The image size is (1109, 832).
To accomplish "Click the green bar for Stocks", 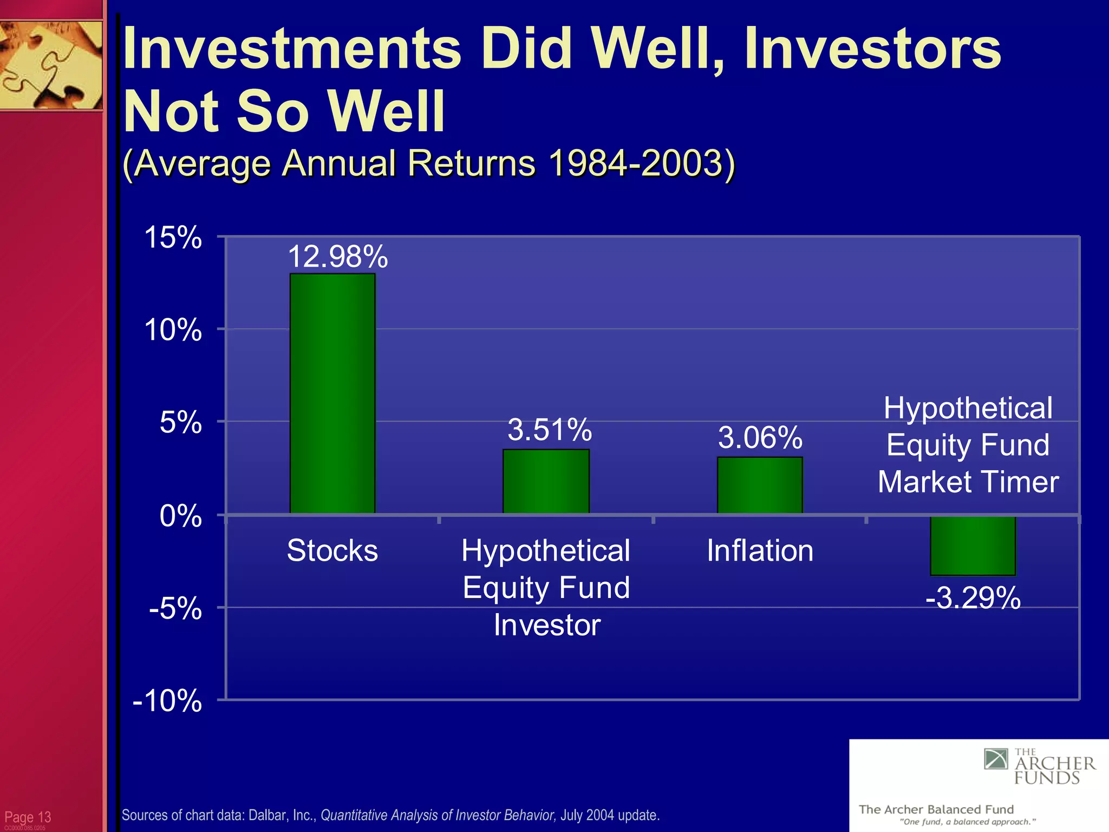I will coord(332,393).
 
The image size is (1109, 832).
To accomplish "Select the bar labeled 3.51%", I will coord(546,481).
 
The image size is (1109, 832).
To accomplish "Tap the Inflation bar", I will coord(760,485).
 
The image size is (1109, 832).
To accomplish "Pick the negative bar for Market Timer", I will coord(973,545).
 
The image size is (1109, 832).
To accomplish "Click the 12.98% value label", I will coord(337,256).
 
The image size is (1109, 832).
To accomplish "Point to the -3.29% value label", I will coord(973,599).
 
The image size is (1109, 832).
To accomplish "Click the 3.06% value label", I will coord(760,437).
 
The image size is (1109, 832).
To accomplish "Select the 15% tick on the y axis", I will coord(173,238).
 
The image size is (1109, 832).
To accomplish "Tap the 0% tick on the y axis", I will coord(180,516).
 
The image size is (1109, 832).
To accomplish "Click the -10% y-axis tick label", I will coord(167,701).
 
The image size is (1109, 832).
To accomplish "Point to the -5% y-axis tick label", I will coord(175,609).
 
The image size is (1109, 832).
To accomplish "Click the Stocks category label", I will coord(332,550).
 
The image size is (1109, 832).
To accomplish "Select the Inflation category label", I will coord(760,550).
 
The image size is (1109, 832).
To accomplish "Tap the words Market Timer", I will coord(968,482).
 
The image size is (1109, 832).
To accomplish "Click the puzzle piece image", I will coord(51,65).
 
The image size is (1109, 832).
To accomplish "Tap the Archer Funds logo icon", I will coord(996,759).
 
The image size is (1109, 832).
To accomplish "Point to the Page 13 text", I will coord(28,817).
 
